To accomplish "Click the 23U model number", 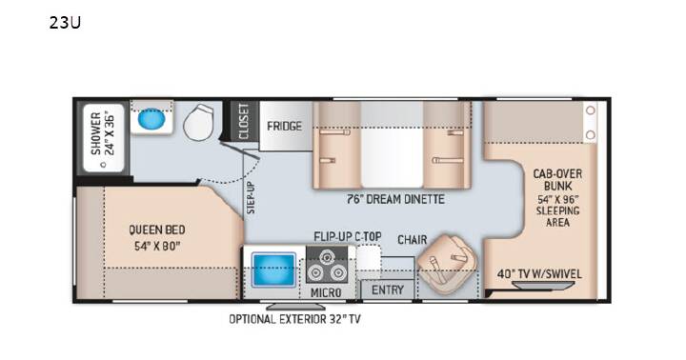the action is pyautogui.click(x=65, y=23).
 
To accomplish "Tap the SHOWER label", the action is pyautogui.click(x=96, y=133).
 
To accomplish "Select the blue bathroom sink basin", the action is pyautogui.click(x=151, y=118).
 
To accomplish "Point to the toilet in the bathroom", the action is pyautogui.click(x=199, y=122).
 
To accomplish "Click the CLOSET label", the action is pyautogui.click(x=244, y=122).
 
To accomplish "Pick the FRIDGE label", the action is pyautogui.click(x=284, y=126).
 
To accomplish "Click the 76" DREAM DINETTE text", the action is pyautogui.click(x=395, y=199).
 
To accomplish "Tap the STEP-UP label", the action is pyautogui.click(x=251, y=198).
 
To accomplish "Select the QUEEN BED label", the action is pyautogui.click(x=156, y=230).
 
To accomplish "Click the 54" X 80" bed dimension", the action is pyautogui.click(x=157, y=246).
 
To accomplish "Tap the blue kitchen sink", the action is pyautogui.click(x=273, y=270).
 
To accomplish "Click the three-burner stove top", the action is pyautogui.click(x=327, y=266).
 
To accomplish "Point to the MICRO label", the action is pyautogui.click(x=326, y=292).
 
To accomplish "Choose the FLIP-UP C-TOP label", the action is pyautogui.click(x=348, y=236).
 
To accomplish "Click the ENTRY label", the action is pyautogui.click(x=388, y=290).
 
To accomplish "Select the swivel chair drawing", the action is pyautogui.click(x=446, y=263).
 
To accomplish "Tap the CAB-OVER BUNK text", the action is pyautogui.click(x=557, y=180).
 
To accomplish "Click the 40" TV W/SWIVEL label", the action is pyautogui.click(x=539, y=274).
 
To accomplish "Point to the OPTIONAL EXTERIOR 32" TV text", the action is pyautogui.click(x=294, y=319).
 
